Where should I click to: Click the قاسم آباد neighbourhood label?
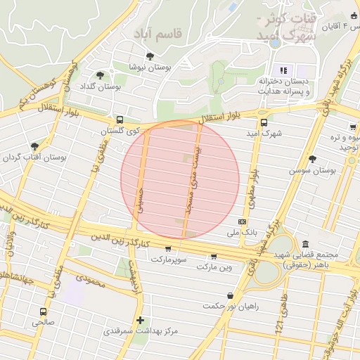[160, 33]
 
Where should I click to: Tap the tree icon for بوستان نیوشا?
[149, 56]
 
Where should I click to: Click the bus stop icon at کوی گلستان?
[120, 120]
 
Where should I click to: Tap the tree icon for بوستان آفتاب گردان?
[34, 146]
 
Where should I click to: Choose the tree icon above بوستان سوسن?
[313, 159]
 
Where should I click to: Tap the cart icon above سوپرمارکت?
[168, 248]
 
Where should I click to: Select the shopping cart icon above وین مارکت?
[214, 257]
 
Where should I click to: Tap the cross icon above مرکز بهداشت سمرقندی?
[141, 319]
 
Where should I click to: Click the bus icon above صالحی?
[44, 311]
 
